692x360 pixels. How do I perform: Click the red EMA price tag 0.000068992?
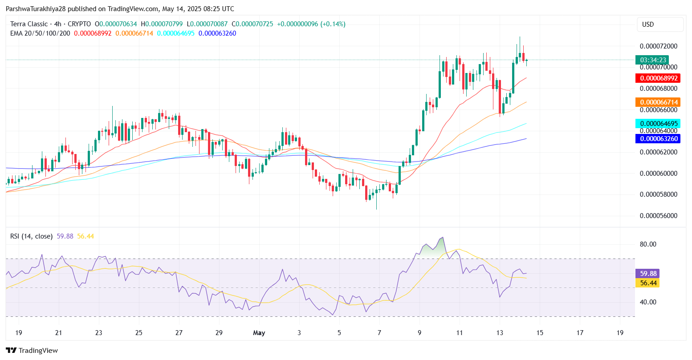tap(659, 78)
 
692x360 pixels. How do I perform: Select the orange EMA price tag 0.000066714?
tap(659, 102)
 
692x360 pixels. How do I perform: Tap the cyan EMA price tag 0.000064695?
tap(659, 124)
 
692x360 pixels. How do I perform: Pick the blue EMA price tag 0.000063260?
tap(659, 139)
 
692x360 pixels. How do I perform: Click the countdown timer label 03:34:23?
tap(653, 60)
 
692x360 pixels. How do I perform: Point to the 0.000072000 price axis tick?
tap(659, 46)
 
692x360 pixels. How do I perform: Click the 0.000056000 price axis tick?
tap(659, 216)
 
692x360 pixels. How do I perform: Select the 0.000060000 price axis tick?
tap(659, 174)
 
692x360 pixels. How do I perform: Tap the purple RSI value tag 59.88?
tap(647, 274)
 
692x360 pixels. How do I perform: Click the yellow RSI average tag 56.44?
tap(647, 283)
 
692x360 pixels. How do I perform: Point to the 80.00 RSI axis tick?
tap(648, 244)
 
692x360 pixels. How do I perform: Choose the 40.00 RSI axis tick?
tap(648, 302)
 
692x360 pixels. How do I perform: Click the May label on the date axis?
tap(259, 333)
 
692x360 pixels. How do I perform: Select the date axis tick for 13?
tap(500, 333)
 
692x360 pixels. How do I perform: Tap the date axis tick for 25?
tap(138, 333)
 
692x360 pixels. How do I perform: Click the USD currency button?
tap(660, 24)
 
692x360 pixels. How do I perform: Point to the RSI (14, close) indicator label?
tap(31, 236)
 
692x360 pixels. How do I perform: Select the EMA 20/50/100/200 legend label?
tap(40, 33)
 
